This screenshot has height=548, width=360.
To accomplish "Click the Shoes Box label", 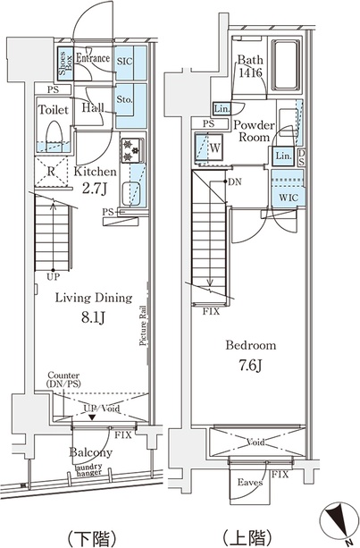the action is point(65,63).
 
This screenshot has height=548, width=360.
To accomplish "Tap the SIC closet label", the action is point(125,62).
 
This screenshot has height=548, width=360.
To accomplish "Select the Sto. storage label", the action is point(124,99).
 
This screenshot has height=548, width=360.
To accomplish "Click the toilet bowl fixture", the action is point(54,136).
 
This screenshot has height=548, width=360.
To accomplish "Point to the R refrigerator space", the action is point(51,172).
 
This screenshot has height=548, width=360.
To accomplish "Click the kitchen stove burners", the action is point(133,150).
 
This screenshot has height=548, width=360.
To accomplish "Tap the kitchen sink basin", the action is point(131,193).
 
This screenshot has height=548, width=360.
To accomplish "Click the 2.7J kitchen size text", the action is point(95,189).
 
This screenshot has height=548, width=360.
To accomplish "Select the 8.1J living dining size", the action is point(93,317).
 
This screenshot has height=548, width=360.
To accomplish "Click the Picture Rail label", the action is point(143,325).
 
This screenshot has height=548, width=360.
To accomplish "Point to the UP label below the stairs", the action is point(53,277).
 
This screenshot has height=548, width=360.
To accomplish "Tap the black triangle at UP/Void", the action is point(92,417).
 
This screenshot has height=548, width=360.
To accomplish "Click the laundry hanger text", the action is point(89,469).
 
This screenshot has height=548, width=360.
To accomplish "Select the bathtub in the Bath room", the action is point(286,65).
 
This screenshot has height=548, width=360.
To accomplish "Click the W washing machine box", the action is point(209,148).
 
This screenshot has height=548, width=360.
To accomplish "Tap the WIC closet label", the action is point(289,198).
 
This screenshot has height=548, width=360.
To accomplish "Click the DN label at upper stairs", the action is point(235,182).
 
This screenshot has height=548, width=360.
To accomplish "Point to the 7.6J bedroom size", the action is point(251,366).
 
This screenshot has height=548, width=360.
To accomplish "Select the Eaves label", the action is point(250,483).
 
